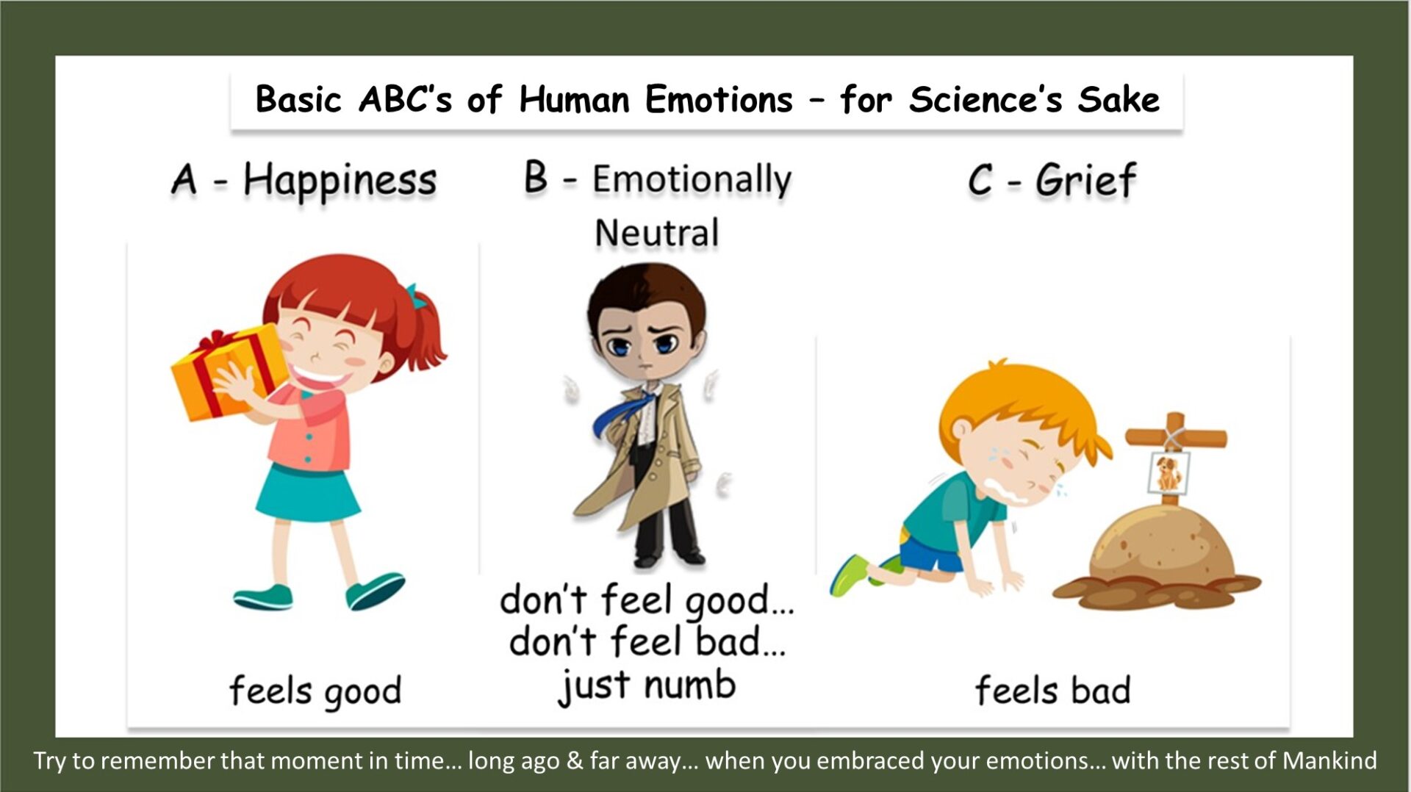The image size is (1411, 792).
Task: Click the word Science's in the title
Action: coord(985,99)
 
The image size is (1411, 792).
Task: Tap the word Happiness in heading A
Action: coord(340,181)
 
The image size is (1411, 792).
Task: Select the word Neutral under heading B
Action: coord(656,234)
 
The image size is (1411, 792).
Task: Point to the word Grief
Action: coord(1085,180)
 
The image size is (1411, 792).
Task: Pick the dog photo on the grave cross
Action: coord(1168,473)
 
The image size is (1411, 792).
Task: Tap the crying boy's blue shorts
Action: coord(931,552)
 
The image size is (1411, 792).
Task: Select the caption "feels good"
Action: coord(315,691)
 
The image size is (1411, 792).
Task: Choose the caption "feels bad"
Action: coord(1052,690)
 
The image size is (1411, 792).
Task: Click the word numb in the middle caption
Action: coord(689,685)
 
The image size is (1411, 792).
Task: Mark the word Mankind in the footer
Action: coord(1329,760)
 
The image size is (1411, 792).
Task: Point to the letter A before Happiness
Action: coord(184,180)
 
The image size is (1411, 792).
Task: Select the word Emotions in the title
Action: coord(719,99)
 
